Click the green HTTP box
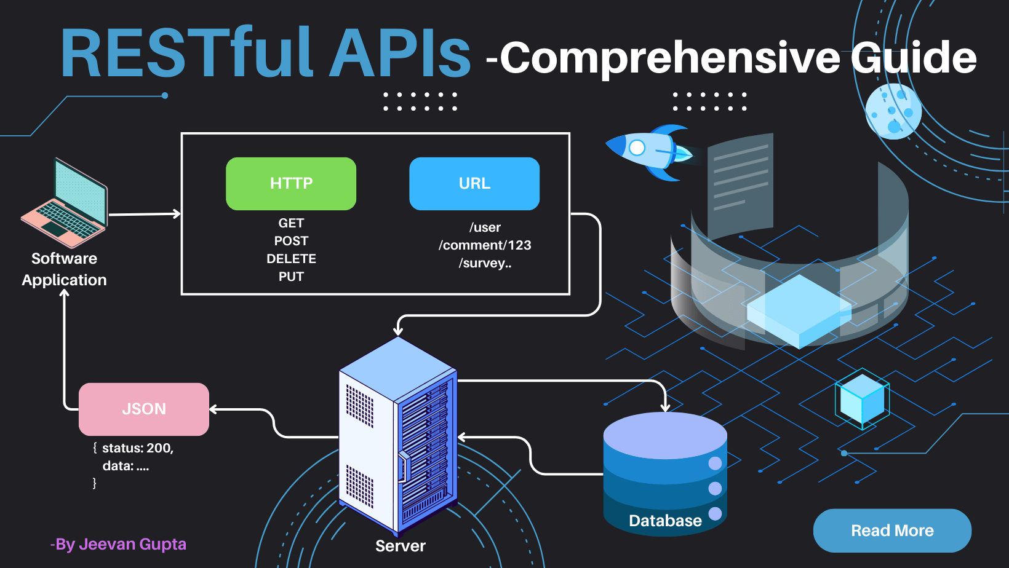pyautogui.click(x=291, y=183)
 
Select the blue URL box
pyautogui.click(x=474, y=183)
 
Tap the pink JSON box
pyautogui.click(x=144, y=409)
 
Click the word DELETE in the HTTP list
pyautogui.click(x=291, y=259)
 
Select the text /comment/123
pyautogui.click(x=485, y=245)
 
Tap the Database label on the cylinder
pyautogui.click(x=665, y=521)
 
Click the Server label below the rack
pyautogui.click(x=401, y=546)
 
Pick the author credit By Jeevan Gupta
pyautogui.click(x=118, y=544)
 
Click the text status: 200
pyautogui.click(x=138, y=448)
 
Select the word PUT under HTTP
pyautogui.click(x=291, y=277)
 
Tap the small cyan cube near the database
pyautogui.click(x=862, y=398)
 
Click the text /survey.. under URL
pyautogui.click(x=485, y=263)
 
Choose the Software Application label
pyautogui.click(x=65, y=269)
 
